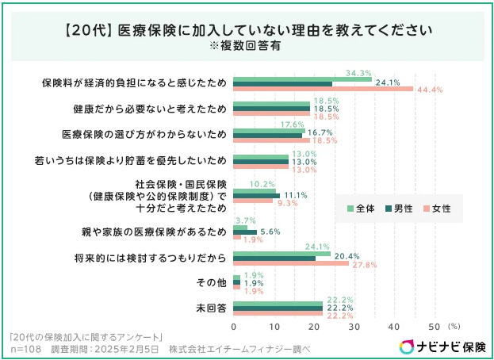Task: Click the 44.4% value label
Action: tap(430, 90)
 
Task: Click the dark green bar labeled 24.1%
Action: tap(282, 83)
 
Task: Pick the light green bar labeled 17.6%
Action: tap(269, 129)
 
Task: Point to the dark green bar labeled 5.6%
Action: tap(245, 232)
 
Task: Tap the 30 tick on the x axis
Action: tap(354, 325)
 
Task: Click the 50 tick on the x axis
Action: tap(434, 325)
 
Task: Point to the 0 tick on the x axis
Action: tap(234, 325)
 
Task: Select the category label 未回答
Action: tap(211, 308)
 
